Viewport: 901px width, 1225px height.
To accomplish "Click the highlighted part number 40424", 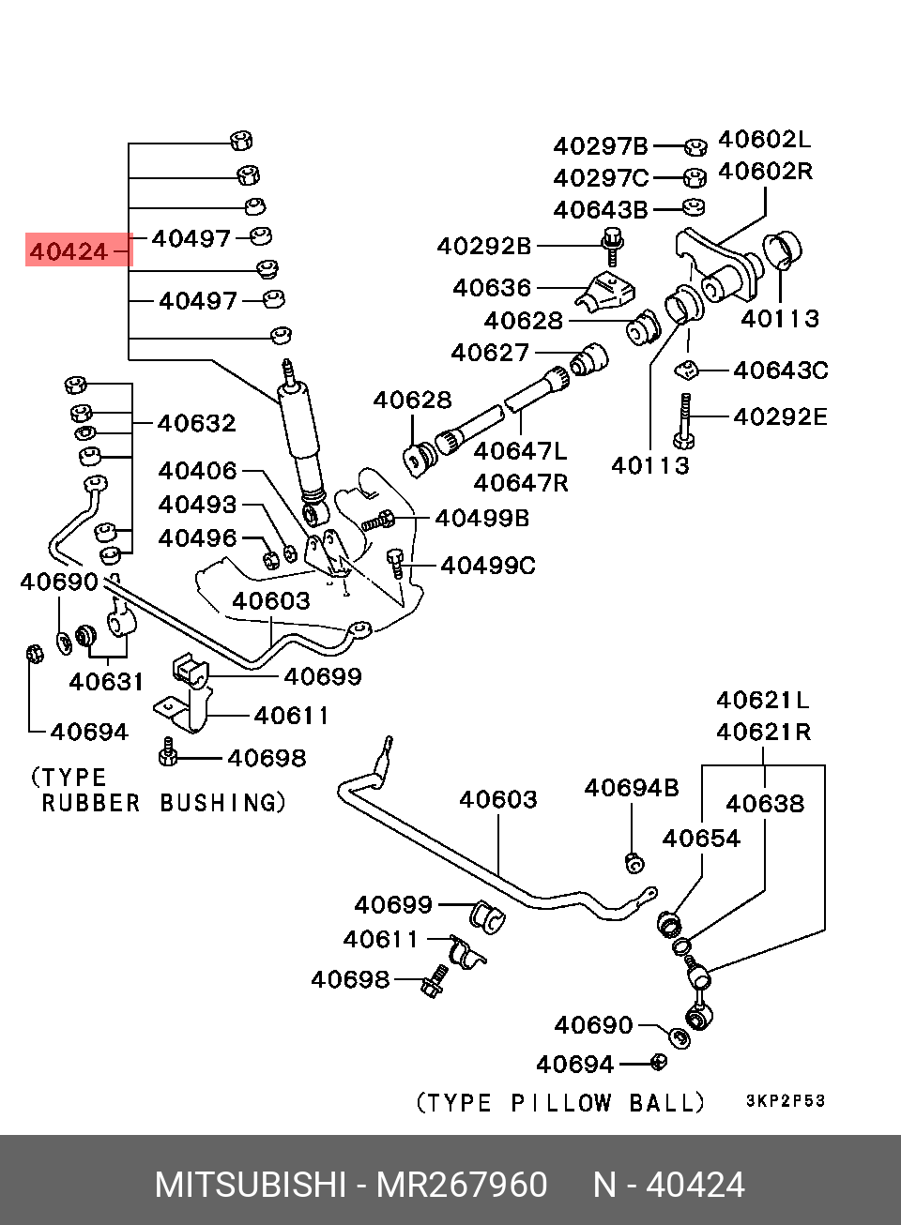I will pyautogui.click(x=69, y=251).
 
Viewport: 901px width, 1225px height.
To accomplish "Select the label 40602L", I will pyautogui.click(x=764, y=140).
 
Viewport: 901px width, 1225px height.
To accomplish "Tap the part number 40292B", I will pyautogui.click(x=484, y=246).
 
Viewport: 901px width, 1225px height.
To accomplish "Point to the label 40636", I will pyautogui.click(x=492, y=287).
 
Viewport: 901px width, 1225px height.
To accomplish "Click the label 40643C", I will pyautogui.click(x=781, y=371).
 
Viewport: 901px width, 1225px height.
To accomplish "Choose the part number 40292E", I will pyautogui.click(x=781, y=416).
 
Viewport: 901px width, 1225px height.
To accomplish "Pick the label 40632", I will pyautogui.click(x=197, y=423).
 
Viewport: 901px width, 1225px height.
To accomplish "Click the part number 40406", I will pyautogui.click(x=197, y=470).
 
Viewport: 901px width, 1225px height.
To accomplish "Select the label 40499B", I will pyautogui.click(x=482, y=517).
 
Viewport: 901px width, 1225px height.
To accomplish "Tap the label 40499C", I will pyautogui.click(x=488, y=565).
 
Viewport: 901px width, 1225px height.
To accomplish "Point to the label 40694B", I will pyautogui.click(x=632, y=788).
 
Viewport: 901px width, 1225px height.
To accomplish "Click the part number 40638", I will pyautogui.click(x=765, y=803).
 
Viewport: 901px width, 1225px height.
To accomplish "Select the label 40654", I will pyautogui.click(x=701, y=838).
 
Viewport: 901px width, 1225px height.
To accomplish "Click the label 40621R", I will pyautogui.click(x=763, y=731).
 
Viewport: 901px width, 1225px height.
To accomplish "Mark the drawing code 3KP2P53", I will pyautogui.click(x=786, y=1101).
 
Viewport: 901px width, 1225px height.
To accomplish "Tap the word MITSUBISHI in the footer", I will pyautogui.click(x=250, y=1186).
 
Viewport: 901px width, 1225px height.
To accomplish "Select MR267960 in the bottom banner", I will pyautogui.click(x=462, y=1186).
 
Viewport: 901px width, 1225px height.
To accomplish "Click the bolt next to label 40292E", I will pyautogui.click(x=683, y=420).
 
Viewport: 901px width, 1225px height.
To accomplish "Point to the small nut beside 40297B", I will pyautogui.click(x=695, y=146).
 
